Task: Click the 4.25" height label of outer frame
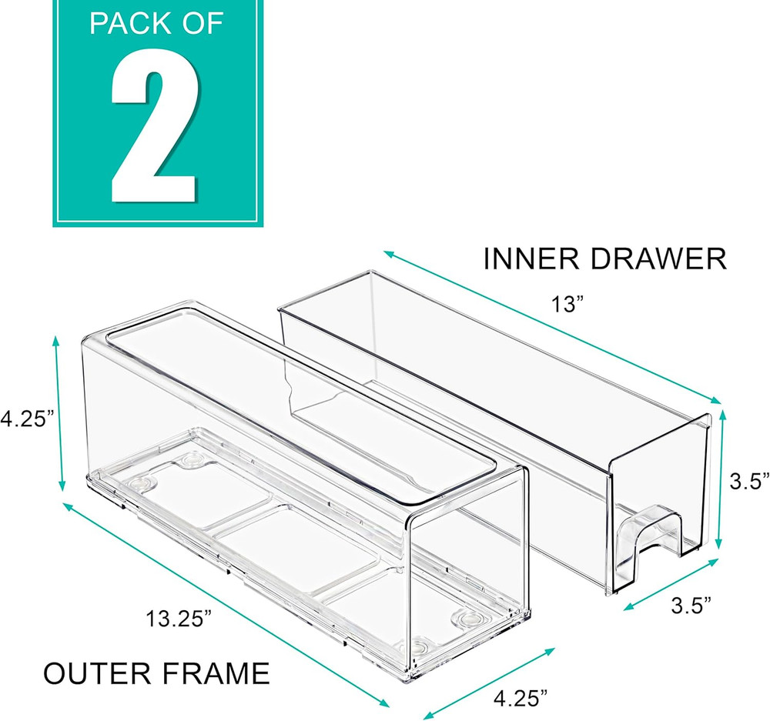(28, 420)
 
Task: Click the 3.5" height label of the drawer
(748, 482)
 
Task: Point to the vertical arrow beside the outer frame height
(57, 416)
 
